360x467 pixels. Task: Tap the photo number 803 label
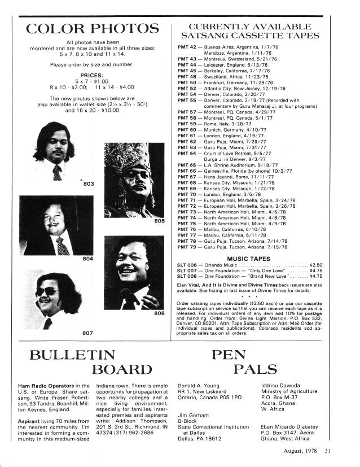(x=89, y=184)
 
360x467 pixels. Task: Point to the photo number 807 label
(x=87, y=333)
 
